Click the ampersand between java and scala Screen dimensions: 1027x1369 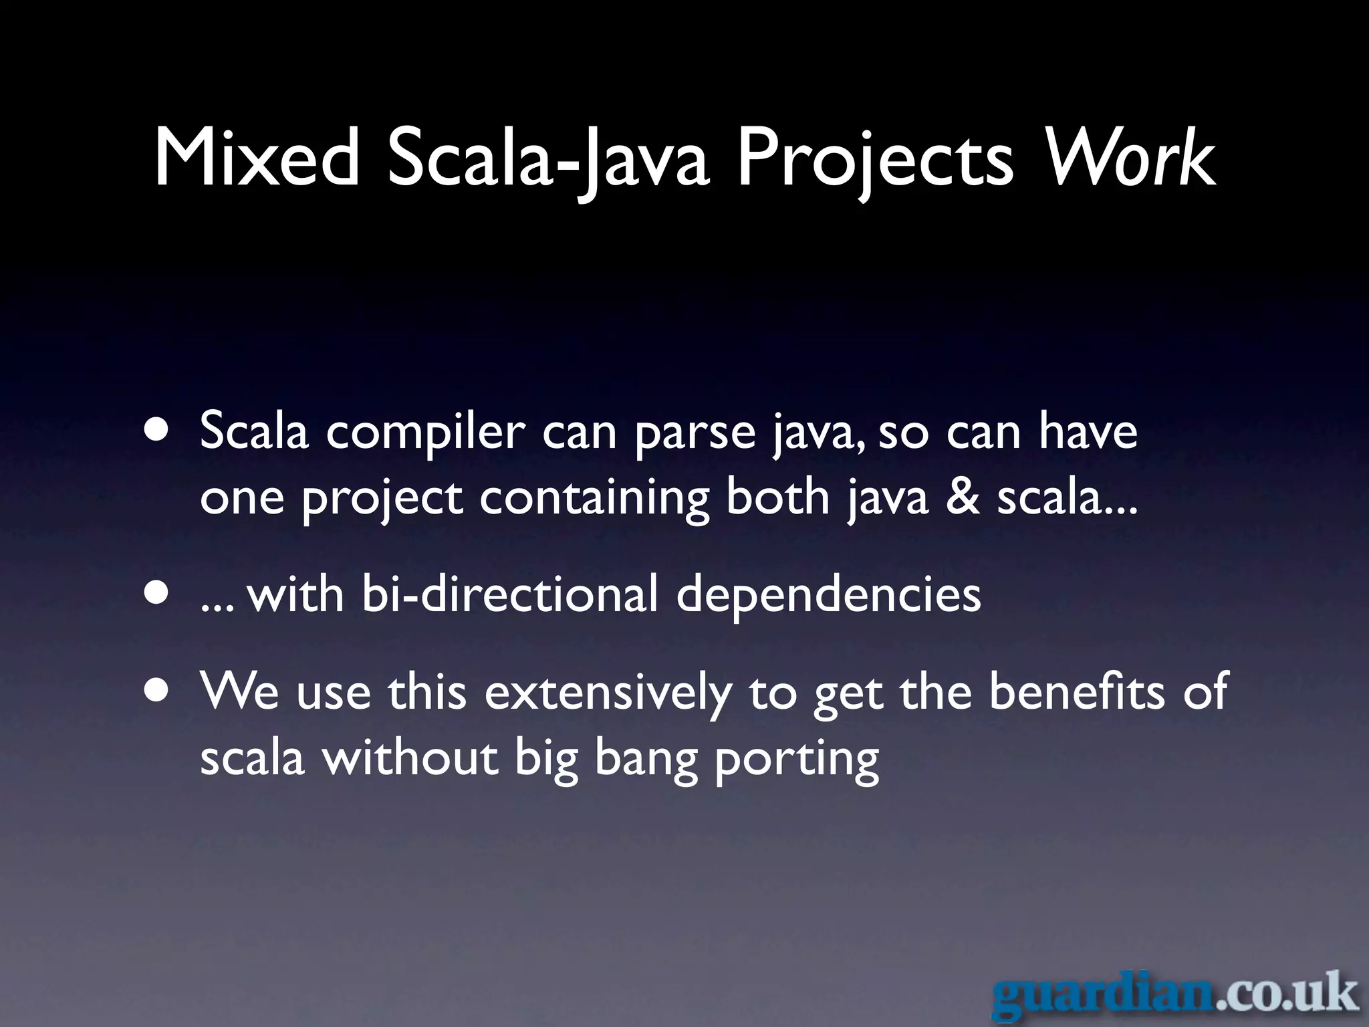[962, 497]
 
